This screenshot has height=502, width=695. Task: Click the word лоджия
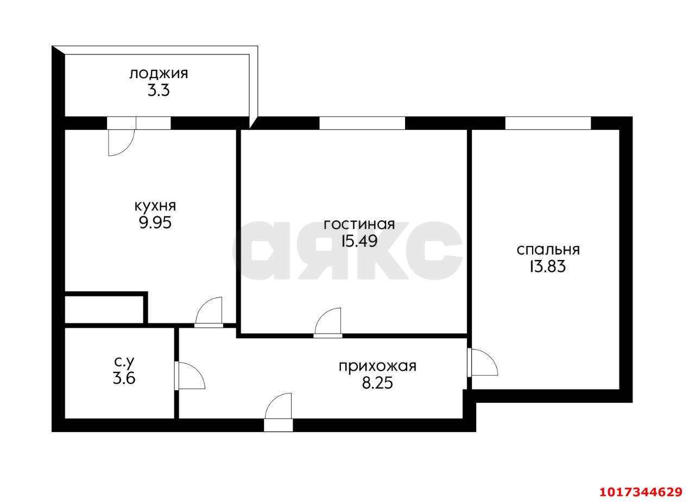[159, 74]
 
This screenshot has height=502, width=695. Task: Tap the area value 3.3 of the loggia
[159, 91]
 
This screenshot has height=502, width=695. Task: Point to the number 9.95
[155, 223]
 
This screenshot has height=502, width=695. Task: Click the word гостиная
[359, 225]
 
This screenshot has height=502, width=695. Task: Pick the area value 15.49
[359, 241]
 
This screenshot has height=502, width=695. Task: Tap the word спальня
[548, 250]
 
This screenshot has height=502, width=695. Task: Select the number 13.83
[548, 266]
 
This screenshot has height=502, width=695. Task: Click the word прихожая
[377, 367]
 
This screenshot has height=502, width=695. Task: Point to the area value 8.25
[377, 383]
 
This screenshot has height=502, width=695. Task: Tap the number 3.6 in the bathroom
[124, 379]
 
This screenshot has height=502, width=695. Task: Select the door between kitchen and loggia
[122, 136]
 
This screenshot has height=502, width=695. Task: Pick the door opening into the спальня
[483, 363]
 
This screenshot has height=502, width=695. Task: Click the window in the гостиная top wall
[362, 123]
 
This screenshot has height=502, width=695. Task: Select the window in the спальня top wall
[548, 123]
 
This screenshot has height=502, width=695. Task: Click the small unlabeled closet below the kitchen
[104, 309]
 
